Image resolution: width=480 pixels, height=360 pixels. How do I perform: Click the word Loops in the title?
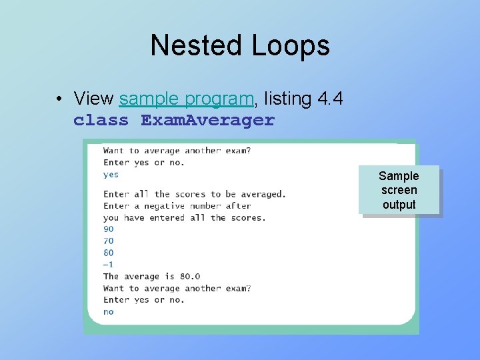click(291, 45)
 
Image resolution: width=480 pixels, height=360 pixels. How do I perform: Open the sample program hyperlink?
click(187, 99)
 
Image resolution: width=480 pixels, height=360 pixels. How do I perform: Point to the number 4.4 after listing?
click(331, 99)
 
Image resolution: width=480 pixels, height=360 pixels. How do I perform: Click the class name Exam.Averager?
click(207, 121)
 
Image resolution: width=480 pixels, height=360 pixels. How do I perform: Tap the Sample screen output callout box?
click(399, 190)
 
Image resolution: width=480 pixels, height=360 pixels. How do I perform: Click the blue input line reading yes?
click(111, 175)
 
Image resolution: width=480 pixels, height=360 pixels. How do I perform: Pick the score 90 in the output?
click(109, 229)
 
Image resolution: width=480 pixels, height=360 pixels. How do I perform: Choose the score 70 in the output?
click(109, 241)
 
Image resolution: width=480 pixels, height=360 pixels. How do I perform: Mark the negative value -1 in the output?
click(109, 264)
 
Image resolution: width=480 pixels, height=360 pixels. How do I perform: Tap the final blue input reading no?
click(109, 312)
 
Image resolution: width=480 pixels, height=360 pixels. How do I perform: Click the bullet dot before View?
click(60, 99)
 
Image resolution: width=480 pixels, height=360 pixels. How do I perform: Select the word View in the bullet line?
click(93, 99)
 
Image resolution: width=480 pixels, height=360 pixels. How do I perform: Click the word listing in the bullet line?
click(288, 99)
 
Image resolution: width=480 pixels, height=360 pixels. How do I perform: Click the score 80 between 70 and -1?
click(109, 253)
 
